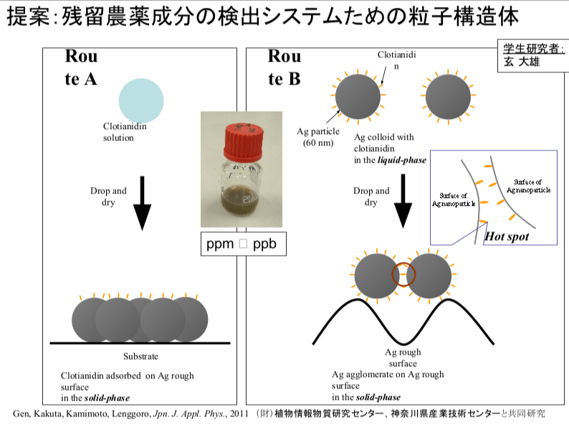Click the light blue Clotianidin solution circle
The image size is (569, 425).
coord(141,99)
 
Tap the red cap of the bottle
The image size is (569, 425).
coord(244,141)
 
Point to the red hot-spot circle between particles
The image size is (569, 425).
coord(403,274)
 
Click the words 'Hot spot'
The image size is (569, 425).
coord(507,236)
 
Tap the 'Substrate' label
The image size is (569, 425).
coord(140,356)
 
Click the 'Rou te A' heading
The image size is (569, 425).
coord(81,67)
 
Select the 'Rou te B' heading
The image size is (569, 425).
coord(284,67)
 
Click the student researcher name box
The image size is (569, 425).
coord(532,56)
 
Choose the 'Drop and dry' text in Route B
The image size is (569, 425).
coord(372,196)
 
